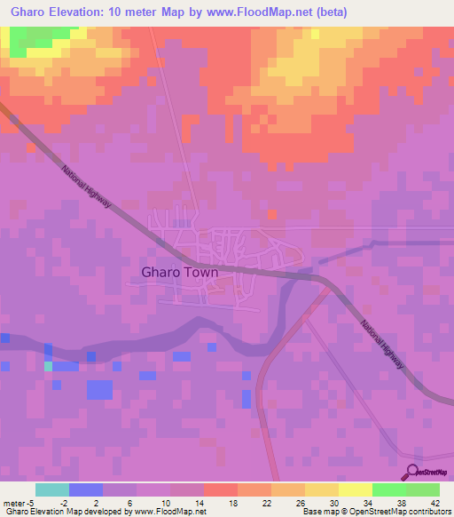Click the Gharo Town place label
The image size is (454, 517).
(181, 274)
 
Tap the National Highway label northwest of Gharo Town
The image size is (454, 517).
(86, 186)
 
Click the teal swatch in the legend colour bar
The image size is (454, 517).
(51, 489)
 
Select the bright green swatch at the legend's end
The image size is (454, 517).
(423, 489)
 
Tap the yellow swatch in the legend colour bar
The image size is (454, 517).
(356, 489)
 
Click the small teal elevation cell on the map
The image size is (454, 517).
(49, 366)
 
